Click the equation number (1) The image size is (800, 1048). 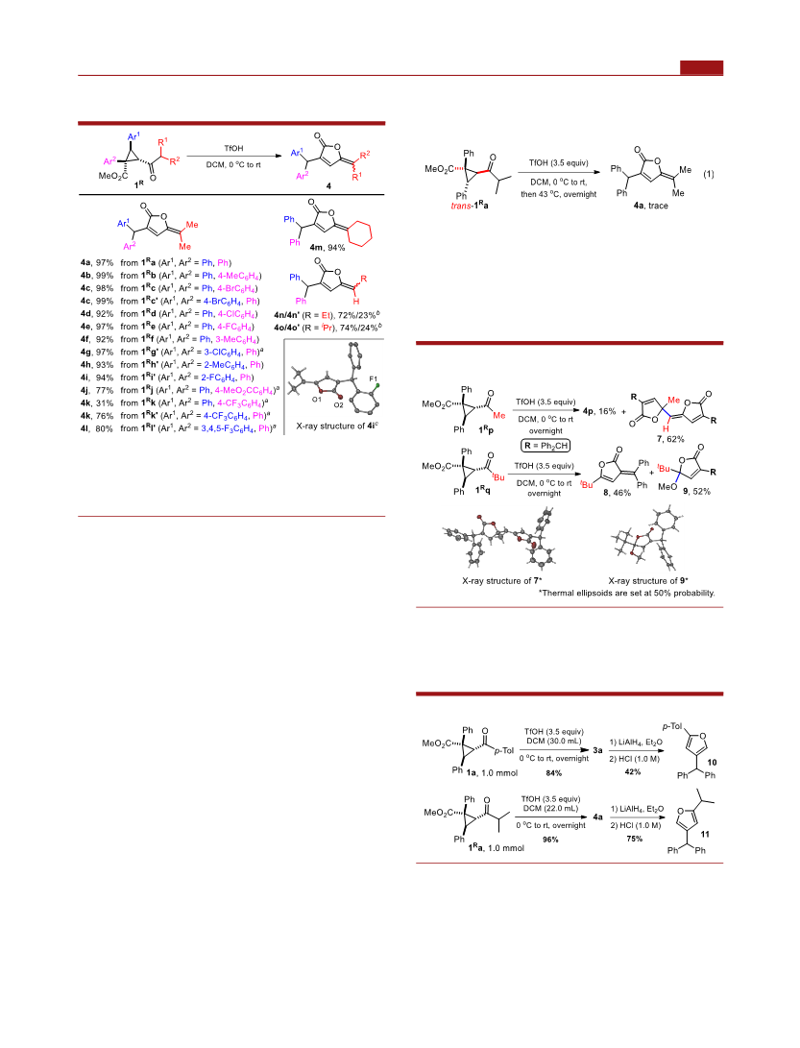click(709, 174)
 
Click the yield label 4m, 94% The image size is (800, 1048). click(327, 247)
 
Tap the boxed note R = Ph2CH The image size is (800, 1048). click(545, 446)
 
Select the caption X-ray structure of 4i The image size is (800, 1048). click(337, 426)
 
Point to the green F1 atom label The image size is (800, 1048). click(374, 379)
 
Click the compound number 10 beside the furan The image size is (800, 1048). click(712, 762)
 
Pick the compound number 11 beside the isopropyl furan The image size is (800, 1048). click(705, 834)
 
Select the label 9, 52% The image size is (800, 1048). click(696, 491)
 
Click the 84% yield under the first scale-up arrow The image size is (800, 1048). click(553, 773)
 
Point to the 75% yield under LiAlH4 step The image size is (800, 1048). click(634, 839)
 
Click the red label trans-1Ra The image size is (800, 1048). click(470, 206)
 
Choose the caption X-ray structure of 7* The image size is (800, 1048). click(502, 581)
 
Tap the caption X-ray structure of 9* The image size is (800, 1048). click(647, 581)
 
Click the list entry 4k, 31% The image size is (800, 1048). click(97, 403)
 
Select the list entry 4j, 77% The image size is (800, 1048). click(97, 390)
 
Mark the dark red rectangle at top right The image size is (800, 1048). click(701, 67)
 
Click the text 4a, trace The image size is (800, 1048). click(650, 206)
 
